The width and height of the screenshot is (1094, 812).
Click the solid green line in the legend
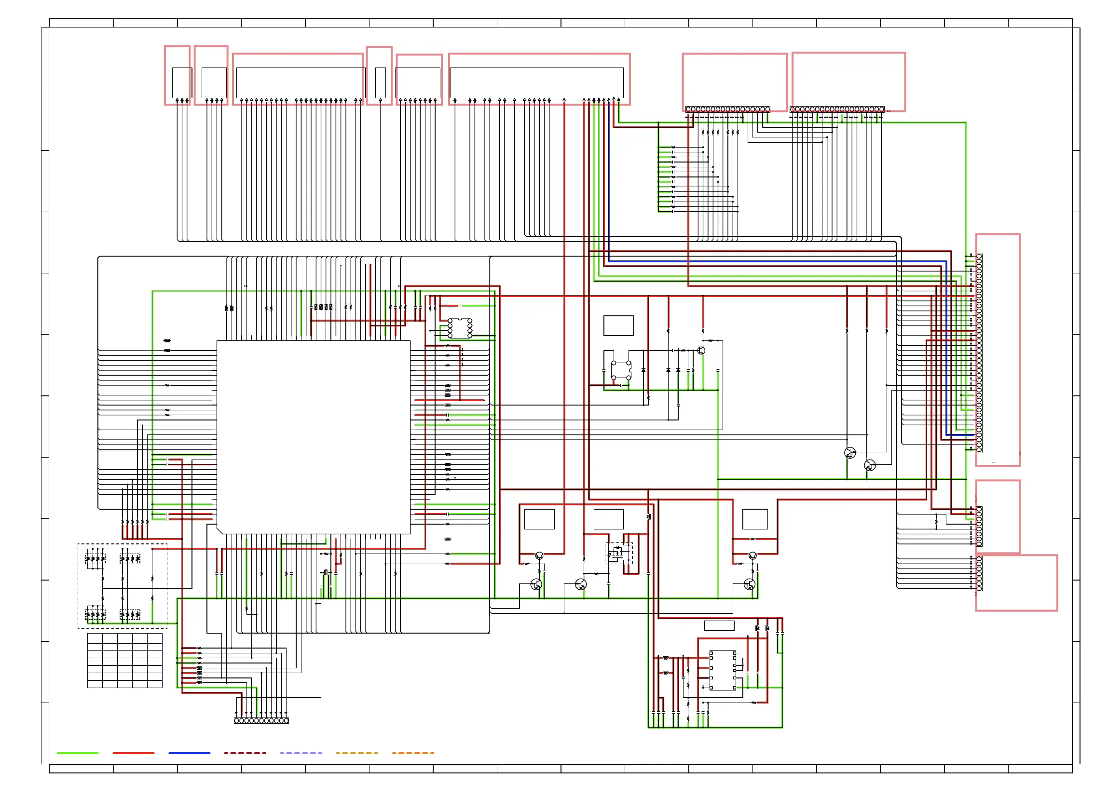coord(77,753)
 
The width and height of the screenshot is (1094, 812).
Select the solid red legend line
coord(133,753)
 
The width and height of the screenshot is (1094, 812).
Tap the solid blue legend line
coord(189,753)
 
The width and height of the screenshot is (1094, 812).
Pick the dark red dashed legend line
coord(245,753)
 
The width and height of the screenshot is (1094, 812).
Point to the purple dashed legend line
coord(301,753)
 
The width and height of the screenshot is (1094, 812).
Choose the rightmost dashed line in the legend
coord(412,753)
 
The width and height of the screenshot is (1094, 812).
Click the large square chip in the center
coord(313,437)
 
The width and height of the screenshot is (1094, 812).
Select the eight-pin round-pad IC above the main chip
coord(460,328)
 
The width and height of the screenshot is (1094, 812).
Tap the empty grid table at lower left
coord(125,660)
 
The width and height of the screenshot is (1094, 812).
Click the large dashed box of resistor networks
coord(123,585)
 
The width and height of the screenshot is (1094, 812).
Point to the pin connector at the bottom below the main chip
coord(261,720)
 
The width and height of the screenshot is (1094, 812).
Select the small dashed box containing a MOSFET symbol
coord(618,553)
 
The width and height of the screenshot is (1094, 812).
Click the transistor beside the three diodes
coord(701,351)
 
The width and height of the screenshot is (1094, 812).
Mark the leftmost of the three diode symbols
coord(643,370)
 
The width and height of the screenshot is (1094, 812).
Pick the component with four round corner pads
coord(621,370)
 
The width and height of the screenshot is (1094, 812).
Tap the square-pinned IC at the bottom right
coord(722,670)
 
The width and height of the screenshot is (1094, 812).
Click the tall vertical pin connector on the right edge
coord(979,352)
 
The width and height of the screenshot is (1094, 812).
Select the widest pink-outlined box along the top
coord(539,79)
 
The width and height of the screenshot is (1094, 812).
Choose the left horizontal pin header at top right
coord(728,109)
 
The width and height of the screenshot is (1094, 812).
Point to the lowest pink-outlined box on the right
coord(1016,582)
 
